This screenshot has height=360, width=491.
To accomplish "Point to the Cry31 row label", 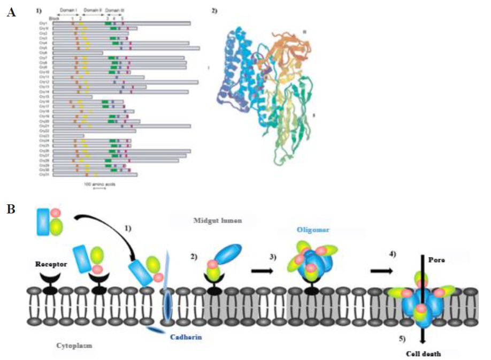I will (44, 174).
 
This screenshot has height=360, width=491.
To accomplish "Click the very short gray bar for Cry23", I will (68, 136).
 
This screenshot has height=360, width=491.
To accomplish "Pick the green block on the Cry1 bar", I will (108, 23).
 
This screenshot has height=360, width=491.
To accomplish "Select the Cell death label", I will (423, 354).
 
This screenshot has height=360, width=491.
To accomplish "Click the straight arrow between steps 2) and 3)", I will (263, 270).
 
